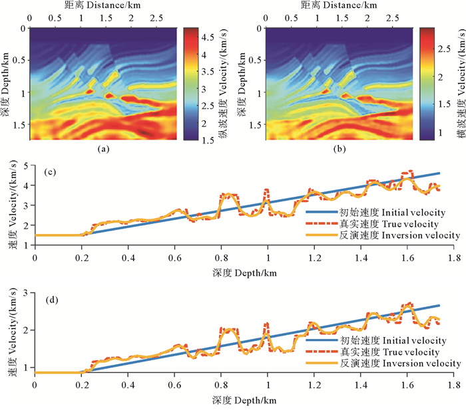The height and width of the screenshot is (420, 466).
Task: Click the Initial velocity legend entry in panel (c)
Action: (x=383, y=213)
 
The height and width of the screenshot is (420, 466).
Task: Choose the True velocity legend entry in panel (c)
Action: (x=383, y=224)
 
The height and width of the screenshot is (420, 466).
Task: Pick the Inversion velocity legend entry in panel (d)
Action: (x=383, y=363)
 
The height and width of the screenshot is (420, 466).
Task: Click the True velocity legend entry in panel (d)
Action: (x=383, y=351)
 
